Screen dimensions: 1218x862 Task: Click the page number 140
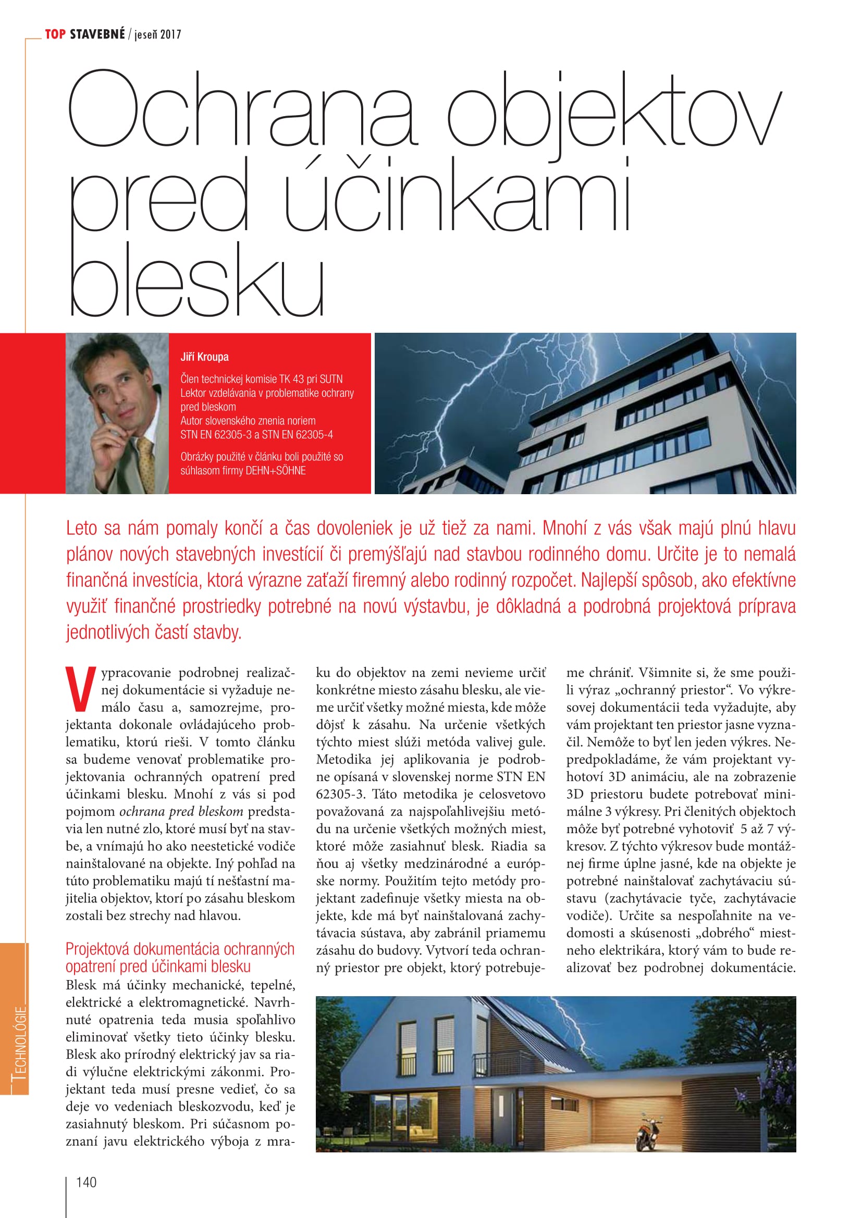point(86,1182)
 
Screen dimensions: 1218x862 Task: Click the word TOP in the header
point(55,34)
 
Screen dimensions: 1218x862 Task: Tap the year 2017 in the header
point(170,35)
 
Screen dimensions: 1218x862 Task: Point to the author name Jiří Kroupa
point(204,357)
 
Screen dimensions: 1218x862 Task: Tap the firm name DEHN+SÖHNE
point(275,471)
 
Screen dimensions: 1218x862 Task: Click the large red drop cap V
point(81,688)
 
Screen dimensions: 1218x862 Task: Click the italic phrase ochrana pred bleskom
point(181,812)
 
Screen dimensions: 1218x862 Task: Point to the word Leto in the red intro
point(82,529)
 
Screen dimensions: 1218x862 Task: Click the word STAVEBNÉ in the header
point(97,34)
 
